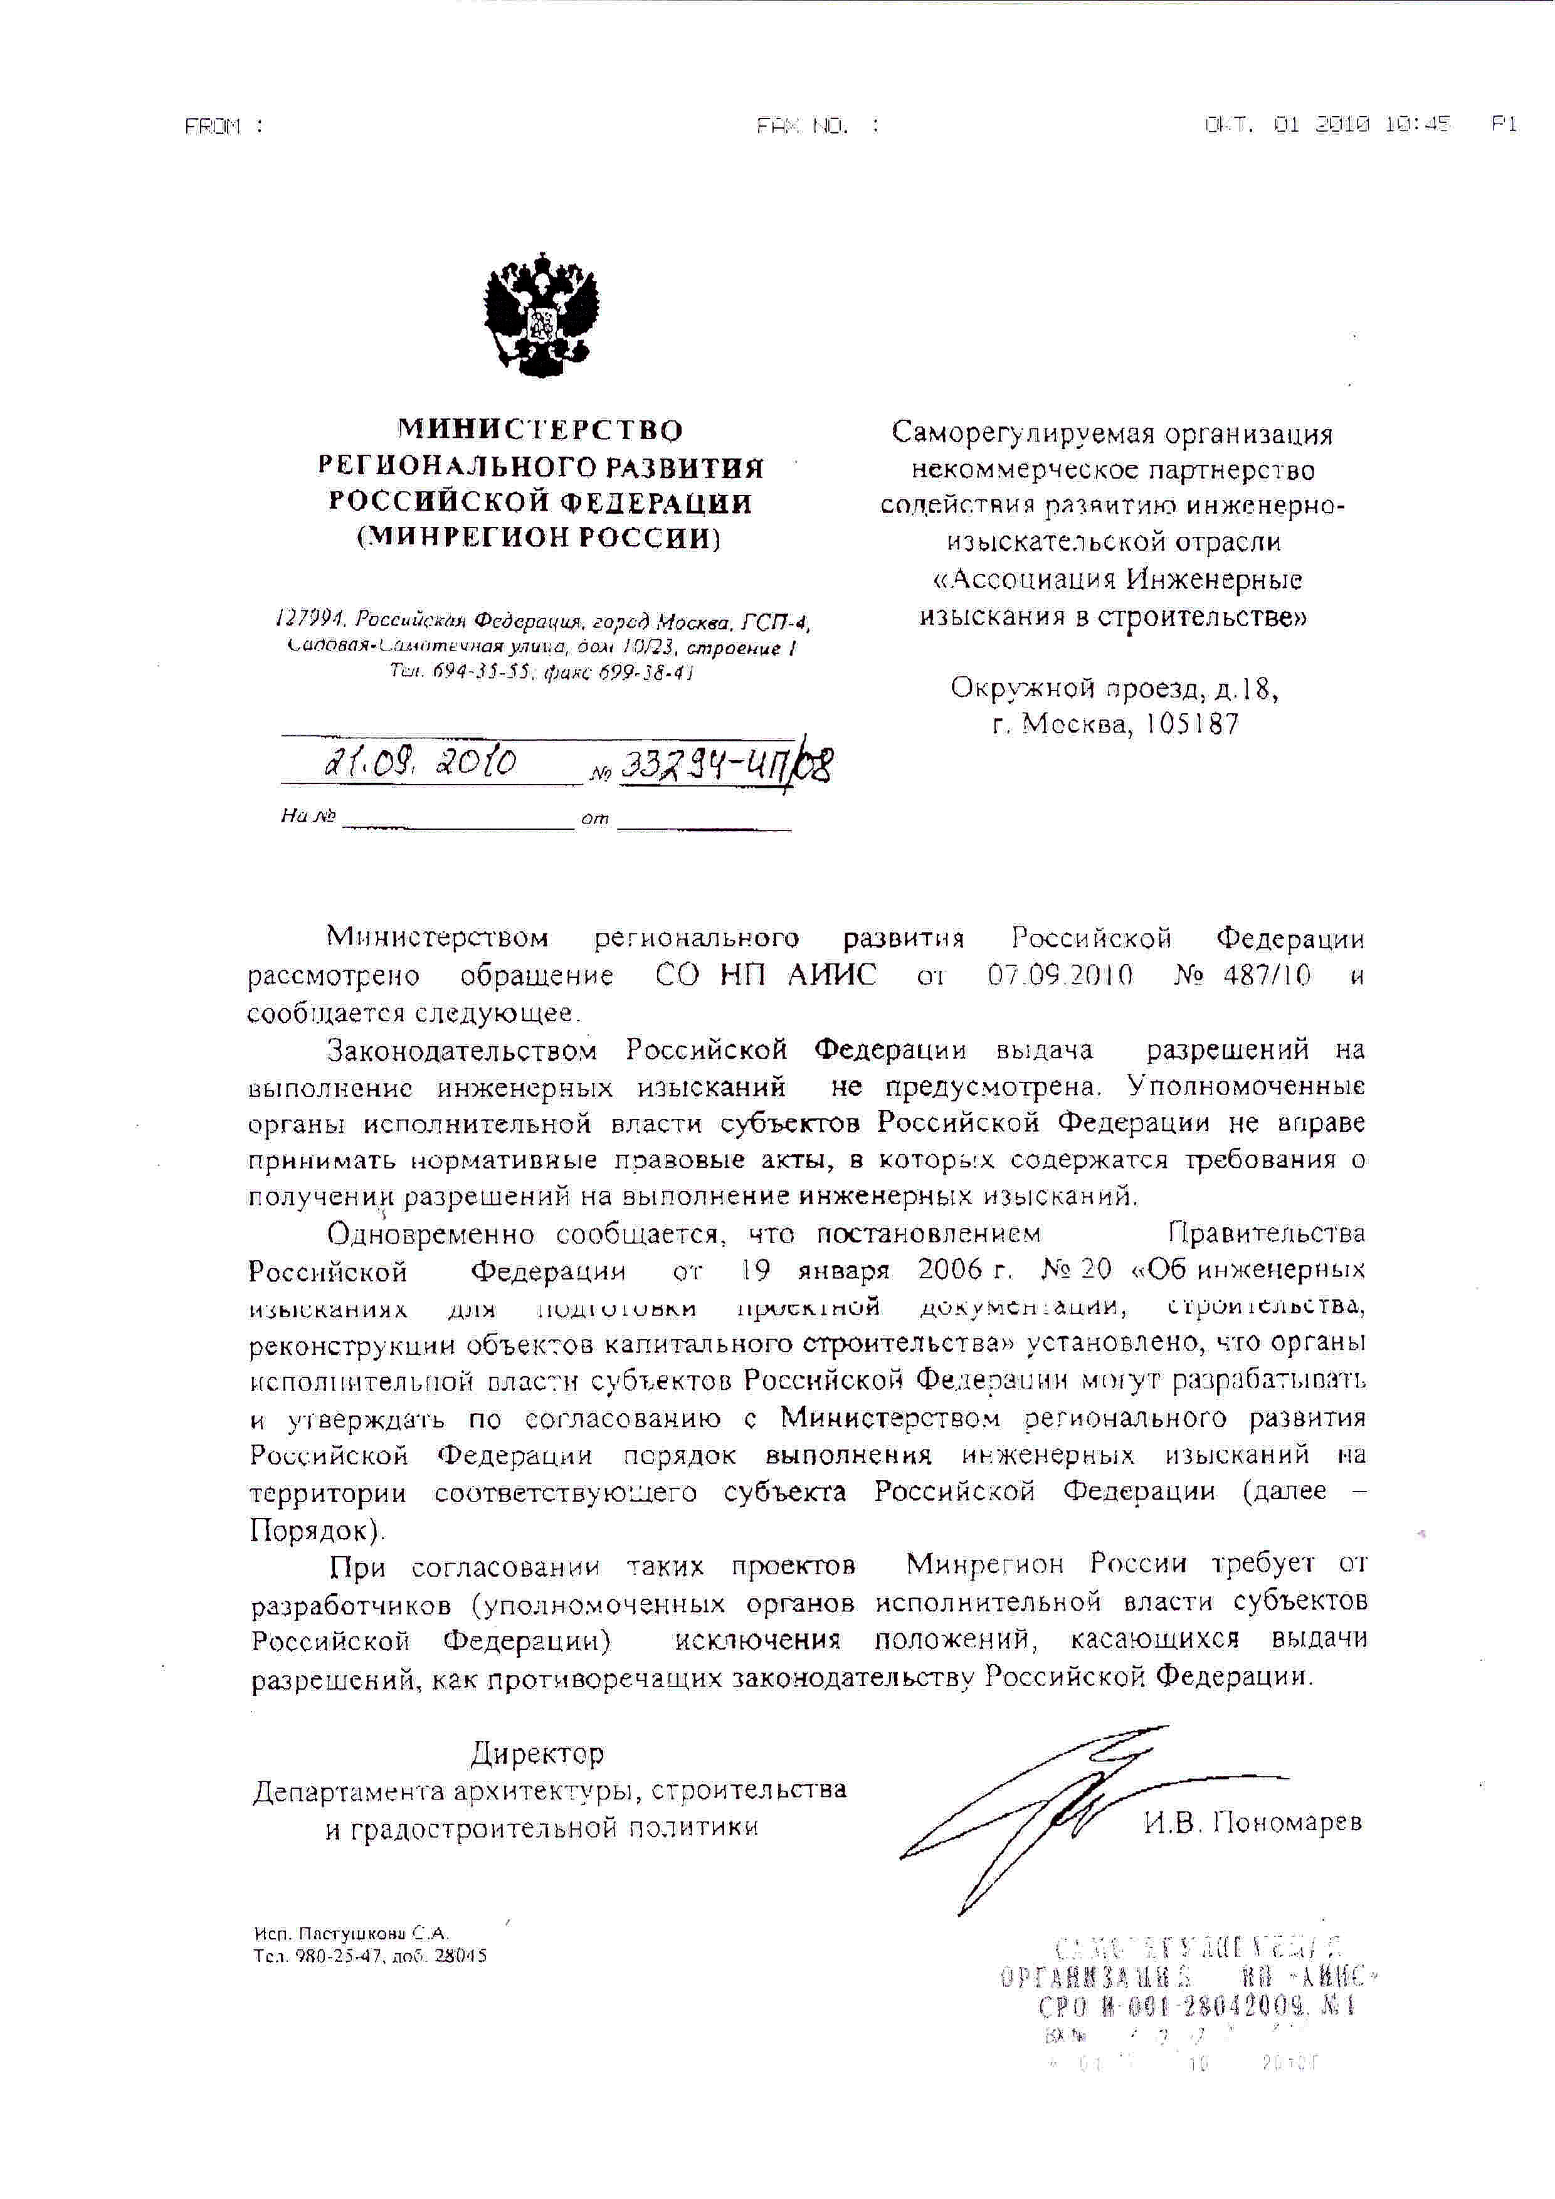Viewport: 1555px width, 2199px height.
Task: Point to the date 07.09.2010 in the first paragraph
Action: [1060, 976]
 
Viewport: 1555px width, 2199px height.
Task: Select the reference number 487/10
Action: [1267, 976]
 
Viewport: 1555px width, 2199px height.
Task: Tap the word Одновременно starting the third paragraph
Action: [431, 1234]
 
